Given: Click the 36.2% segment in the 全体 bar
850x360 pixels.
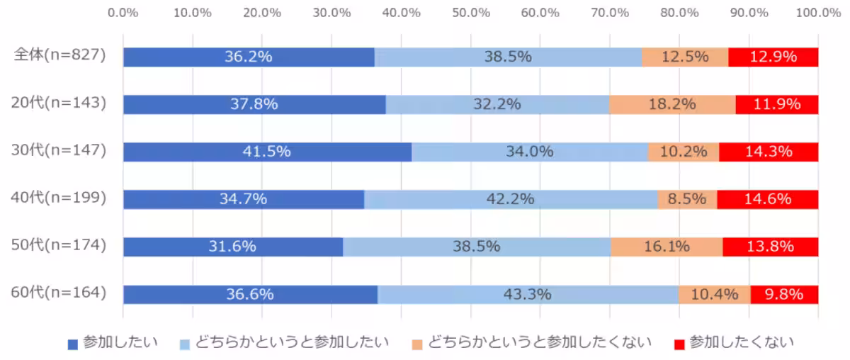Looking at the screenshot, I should [249, 57].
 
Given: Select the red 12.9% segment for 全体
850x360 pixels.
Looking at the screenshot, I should [773, 57].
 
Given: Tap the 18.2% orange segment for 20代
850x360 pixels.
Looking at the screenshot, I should [672, 104].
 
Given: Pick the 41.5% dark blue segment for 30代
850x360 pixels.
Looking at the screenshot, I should [267, 152].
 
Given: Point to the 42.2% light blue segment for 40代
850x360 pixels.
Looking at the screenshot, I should [510, 199].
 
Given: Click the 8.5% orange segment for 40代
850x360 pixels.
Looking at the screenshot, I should [687, 199].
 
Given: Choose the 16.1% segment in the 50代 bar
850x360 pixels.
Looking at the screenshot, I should [667, 247].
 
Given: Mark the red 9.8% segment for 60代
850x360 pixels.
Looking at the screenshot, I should [784, 294].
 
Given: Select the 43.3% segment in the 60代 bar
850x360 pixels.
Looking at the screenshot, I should [528, 294].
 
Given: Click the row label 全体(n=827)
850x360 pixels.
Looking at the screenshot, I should [60, 55].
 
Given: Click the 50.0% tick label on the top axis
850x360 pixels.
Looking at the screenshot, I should [471, 12].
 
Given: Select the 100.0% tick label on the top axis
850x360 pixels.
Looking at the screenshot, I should [817, 12].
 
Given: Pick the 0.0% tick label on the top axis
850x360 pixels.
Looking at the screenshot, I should [124, 12].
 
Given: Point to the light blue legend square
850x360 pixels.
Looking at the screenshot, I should [184, 344].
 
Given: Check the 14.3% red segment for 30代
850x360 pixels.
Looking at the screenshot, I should [769, 152].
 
